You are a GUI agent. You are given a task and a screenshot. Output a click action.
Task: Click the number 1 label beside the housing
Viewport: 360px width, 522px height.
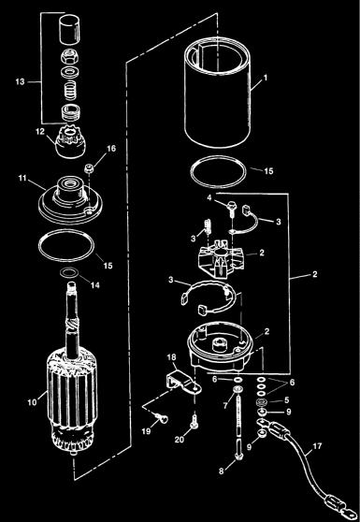tap(266, 78)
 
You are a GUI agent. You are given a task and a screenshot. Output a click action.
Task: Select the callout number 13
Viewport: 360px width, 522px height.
tap(20, 81)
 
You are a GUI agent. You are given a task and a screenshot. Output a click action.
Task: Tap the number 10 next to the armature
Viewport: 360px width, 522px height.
tap(33, 402)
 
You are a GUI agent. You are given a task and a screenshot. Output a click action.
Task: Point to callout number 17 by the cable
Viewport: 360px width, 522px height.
tap(317, 446)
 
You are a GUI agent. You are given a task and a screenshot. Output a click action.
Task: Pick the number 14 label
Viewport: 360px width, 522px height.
tap(94, 285)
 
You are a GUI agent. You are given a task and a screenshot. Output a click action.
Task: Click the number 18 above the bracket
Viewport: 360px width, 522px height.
tap(173, 357)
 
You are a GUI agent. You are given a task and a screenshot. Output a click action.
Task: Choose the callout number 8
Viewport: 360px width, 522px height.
tap(222, 471)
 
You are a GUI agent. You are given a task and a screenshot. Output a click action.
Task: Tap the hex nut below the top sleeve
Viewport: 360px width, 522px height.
tap(68, 57)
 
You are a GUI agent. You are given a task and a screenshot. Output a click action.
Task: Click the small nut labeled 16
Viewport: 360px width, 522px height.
tap(88, 168)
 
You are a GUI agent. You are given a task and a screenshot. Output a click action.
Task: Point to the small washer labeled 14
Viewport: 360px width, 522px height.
tap(70, 273)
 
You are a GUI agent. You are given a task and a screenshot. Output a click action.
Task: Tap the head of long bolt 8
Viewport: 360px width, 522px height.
tap(238, 456)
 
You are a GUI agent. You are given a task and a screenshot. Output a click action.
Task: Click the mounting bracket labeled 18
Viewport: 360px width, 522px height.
tap(183, 382)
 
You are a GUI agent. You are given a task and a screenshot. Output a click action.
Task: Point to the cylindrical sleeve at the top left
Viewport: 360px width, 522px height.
tap(68, 28)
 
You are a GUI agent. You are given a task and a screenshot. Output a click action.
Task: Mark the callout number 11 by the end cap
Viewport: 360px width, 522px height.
tap(22, 178)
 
